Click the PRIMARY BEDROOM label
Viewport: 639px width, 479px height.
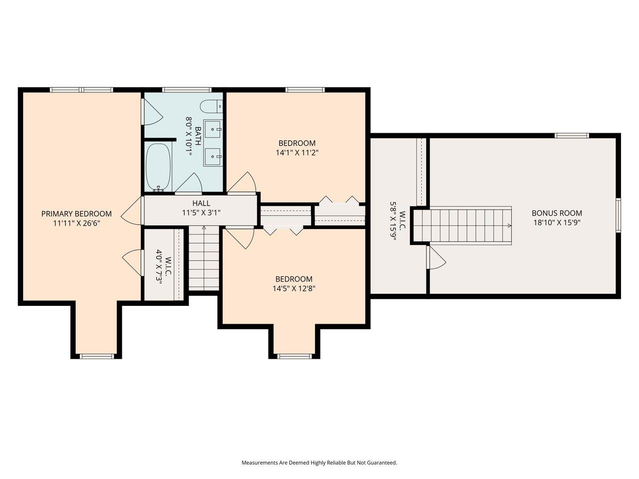76,214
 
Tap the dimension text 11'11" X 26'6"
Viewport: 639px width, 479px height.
76,224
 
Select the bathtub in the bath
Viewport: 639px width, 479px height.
159,167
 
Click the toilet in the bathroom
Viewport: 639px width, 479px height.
210,106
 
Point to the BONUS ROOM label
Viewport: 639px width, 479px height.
557,213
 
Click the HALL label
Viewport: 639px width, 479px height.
201,203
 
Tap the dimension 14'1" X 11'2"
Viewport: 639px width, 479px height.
297,153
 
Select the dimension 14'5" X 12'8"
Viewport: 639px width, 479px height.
294,288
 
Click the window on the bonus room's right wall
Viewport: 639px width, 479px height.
618,215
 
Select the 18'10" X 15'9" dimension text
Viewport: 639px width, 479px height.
557,223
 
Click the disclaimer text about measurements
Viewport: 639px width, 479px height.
319,463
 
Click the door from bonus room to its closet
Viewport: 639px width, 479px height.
435,259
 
